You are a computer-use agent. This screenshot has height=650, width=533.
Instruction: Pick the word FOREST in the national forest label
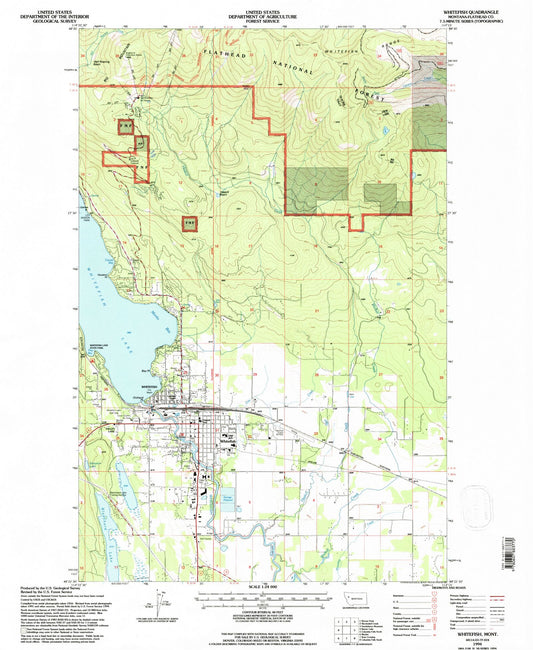(354, 96)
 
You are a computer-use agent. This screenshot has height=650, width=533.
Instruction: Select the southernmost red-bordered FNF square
(188, 223)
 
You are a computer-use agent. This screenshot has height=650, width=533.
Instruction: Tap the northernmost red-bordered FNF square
(125, 128)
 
